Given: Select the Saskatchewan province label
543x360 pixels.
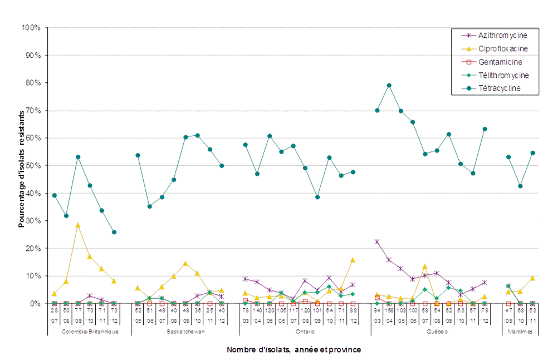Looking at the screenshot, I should click(185, 332).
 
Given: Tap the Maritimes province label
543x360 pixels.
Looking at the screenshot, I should click(520, 332).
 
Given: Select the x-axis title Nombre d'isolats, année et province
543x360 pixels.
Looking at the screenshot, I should click(293, 350).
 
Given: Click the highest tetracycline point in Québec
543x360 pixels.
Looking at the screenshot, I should click(389, 86).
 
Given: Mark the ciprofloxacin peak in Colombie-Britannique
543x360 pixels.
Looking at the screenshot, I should click(78, 225).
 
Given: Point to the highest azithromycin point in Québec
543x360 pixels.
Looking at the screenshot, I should click(377, 241).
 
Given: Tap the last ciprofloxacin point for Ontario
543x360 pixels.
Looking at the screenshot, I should click(353, 260).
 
